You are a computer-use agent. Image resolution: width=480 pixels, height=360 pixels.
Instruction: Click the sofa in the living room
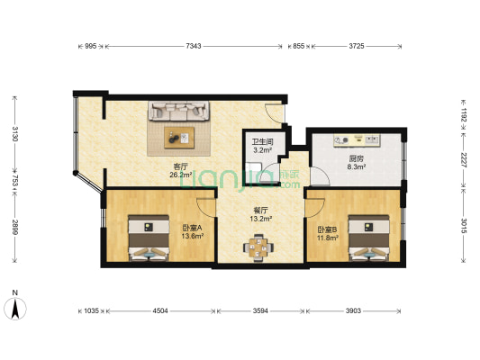pyautogui.click(x=179, y=111)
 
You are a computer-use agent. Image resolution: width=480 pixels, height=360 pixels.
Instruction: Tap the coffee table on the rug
pyautogui.click(x=179, y=138)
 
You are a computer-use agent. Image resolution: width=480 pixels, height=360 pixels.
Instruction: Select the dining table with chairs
pyautogui.click(x=258, y=247)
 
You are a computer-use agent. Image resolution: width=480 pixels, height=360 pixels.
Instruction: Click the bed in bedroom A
pyautogui.click(x=149, y=238)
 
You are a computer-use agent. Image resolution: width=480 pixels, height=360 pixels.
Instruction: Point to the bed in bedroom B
pyautogui.click(x=369, y=238)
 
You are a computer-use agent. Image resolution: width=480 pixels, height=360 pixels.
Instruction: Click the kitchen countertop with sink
pyautogui.click(x=357, y=140)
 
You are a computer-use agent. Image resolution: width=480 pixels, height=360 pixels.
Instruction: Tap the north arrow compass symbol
pyautogui.click(x=15, y=308)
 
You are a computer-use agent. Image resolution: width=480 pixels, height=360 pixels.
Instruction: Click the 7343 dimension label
pyautogui.click(x=194, y=46)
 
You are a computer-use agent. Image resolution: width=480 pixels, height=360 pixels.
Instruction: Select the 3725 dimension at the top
pyautogui.click(x=357, y=46)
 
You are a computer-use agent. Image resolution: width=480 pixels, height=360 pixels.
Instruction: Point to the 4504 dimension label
pyautogui.click(x=160, y=311)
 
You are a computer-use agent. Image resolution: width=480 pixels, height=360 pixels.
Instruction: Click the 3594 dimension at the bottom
pyautogui.click(x=260, y=311)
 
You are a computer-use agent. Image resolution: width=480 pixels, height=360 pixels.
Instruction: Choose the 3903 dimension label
pyautogui.click(x=353, y=311)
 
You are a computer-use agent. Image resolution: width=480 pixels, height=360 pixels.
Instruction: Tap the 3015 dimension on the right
pyautogui.click(x=464, y=226)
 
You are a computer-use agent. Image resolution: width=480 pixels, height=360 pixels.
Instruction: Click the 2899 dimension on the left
pyautogui.click(x=14, y=227)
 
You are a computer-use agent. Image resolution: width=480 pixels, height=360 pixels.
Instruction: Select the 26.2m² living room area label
pyautogui.click(x=181, y=175)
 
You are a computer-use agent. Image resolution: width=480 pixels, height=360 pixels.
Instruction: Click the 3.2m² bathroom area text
pyautogui.click(x=263, y=150)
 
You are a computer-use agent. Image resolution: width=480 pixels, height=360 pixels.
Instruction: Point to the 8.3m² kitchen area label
pyautogui.click(x=357, y=166)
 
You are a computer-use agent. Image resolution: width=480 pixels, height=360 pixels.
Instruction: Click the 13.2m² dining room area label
pyautogui.click(x=261, y=219)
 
